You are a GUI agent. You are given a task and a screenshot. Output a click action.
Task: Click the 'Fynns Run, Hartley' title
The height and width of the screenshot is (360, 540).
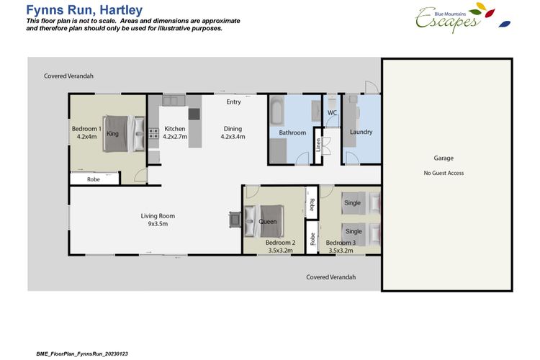point(84,10)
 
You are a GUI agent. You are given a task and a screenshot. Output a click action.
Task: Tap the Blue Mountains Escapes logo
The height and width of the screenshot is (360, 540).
point(462,18)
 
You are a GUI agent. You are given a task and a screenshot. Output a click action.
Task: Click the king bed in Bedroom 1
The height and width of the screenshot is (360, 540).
point(124,134)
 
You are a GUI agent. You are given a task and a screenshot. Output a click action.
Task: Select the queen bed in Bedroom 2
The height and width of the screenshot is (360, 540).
point(264,221)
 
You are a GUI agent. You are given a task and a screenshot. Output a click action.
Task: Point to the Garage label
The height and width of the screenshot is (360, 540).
point(444,158)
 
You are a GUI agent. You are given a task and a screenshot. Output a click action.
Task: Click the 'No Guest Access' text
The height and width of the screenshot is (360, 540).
point(444,173)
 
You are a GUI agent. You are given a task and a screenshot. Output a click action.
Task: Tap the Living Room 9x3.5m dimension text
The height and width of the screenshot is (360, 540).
point(158,224)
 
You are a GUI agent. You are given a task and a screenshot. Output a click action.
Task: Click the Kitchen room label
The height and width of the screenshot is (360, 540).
point(175,128)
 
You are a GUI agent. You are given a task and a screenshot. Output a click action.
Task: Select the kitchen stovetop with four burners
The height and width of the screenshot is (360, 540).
point(153,133)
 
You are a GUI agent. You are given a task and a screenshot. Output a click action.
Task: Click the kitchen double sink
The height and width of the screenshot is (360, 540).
point(174,101)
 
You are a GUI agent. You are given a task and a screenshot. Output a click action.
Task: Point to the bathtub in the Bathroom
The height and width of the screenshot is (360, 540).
point(277,110)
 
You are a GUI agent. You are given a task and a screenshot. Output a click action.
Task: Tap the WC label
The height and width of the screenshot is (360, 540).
point(332,112)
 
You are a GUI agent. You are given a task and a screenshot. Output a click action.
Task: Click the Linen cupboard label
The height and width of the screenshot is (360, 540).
point(318,145)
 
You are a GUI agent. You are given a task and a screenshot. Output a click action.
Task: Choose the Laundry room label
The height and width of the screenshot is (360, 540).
point(361,132)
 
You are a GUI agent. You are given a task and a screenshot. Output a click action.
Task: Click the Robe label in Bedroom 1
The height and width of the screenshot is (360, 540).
point(94,179)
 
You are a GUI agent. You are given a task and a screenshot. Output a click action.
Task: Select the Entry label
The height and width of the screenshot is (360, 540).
point(233,102)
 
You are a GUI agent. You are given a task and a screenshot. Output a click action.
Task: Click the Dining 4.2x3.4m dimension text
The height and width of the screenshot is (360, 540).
point(233,137)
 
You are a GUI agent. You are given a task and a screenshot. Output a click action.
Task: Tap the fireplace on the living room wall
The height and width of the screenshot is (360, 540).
point(235,220)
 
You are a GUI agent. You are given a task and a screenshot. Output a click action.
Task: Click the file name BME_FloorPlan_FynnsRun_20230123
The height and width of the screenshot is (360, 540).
point(82,354)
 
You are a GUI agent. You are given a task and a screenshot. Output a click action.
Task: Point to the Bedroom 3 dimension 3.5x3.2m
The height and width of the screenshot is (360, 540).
point(341,251)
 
